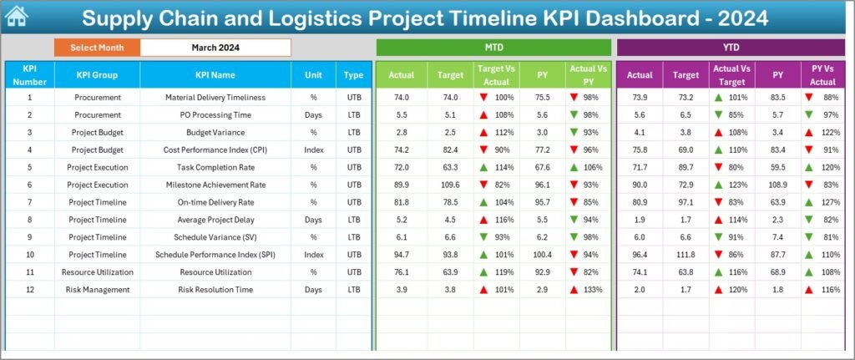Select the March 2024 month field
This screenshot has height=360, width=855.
[x=215, y=48]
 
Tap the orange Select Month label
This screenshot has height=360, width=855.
[x=97, y=48]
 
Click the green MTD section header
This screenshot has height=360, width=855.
[x=493, y=48]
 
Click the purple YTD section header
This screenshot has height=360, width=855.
[x=731, y=48]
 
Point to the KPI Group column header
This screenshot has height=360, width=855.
[x=97, y=75]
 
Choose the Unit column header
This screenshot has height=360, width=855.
[x=313, y=75]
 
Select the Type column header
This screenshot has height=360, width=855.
[x=353, y=75]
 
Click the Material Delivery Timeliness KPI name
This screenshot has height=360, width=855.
[x=215, y=97]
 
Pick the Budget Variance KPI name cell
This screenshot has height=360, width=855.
[x=215, y=132]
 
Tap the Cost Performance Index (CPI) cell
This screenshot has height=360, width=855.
[x=215, y=150]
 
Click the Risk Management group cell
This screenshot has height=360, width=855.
[x=97, y=289]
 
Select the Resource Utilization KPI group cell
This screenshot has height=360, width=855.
[x=97, y=271]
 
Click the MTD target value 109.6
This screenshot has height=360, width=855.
[x=449, y=185]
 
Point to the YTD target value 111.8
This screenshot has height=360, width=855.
[x=685, y=254]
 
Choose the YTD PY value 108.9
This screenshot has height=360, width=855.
[x=777, y=185]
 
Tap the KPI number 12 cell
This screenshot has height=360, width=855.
[x=29, y=289]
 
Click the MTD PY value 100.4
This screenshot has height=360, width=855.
[x=543, y=254]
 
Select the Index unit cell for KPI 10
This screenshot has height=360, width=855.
[x=313, y=254]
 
